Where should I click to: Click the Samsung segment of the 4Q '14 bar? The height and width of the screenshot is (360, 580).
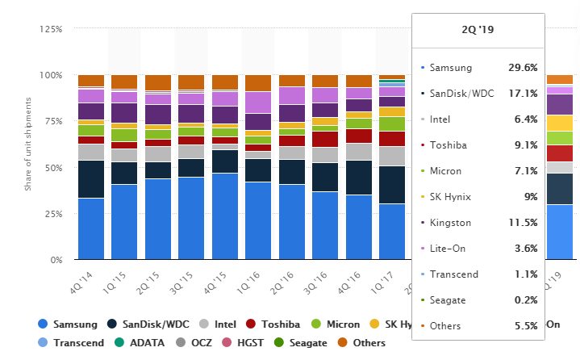pyautogui.click(x=91, y=228)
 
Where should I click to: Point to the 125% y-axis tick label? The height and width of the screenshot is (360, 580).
pyautogui.click(x=49, y=29)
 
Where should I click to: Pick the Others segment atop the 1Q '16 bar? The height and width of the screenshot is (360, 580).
pyautogui.click(x=258, y=82)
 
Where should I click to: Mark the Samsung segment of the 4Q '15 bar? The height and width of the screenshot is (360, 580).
pyautogui.click(x=225, y=216)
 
